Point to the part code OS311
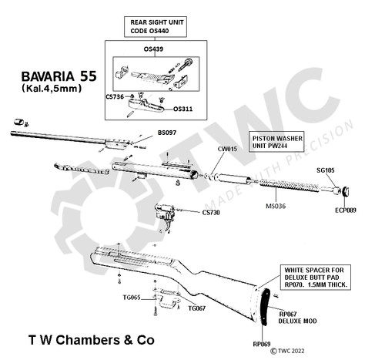[x=182, y=109]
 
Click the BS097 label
[x=167, y=133]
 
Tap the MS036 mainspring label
[x=276, y=207]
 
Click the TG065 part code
[x=129, y=297]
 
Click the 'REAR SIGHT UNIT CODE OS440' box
[x=158, y=25]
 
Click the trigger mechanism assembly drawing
[x=169, y=215]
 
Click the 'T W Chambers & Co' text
[x=92, y=339]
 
